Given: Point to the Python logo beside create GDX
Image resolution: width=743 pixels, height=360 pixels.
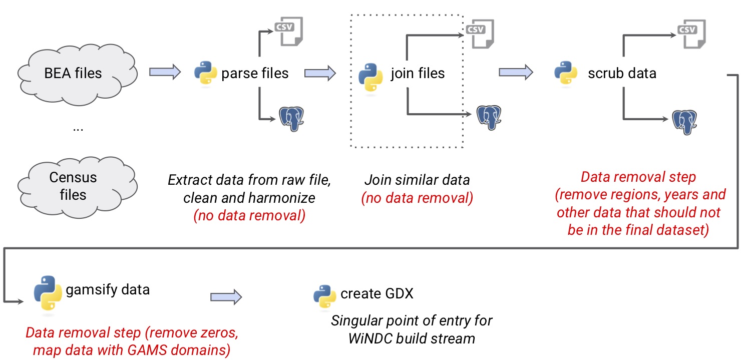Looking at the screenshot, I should (324, 295).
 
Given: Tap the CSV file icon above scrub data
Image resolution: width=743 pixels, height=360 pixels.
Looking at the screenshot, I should (691, 34).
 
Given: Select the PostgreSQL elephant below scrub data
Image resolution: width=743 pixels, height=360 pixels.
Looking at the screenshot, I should (684, 122).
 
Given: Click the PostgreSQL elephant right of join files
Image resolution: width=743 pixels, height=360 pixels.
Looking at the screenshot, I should (489, 117).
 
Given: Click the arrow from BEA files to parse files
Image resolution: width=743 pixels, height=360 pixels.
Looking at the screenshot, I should (165, 72).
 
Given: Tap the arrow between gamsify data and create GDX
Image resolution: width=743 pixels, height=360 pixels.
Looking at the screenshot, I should (226, 297).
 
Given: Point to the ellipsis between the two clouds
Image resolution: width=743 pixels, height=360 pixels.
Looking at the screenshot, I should (78, 129).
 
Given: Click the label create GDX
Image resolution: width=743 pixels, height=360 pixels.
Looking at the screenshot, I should (377, 293).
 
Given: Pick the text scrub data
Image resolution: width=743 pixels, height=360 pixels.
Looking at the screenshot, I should (622, 73).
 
